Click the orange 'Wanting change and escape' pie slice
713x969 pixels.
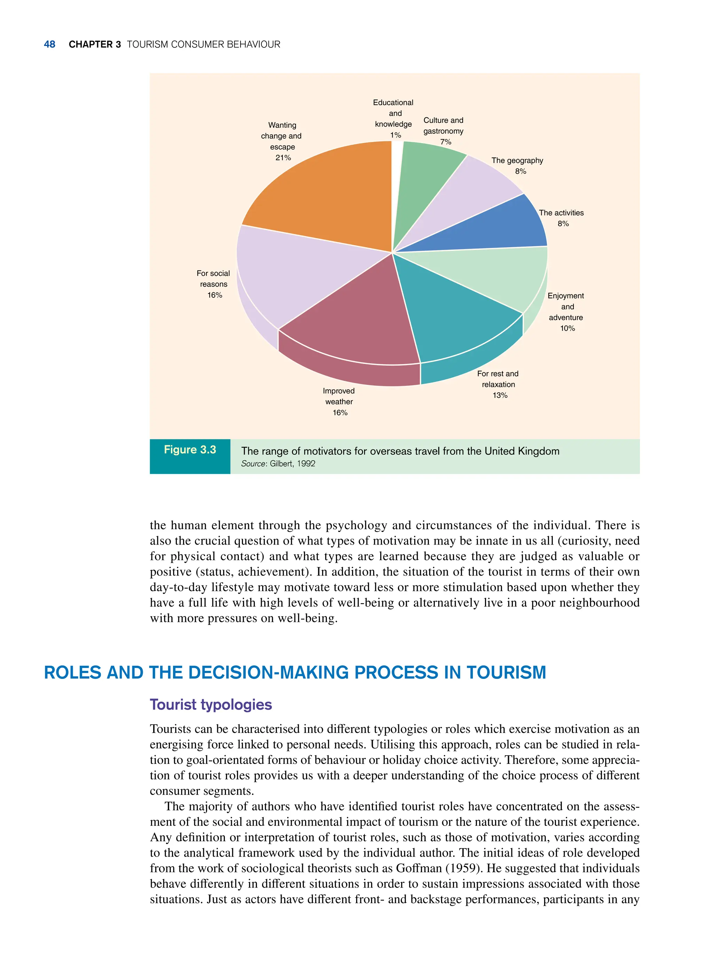tap(328, 194)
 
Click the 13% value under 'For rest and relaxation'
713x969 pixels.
tap(500, 396)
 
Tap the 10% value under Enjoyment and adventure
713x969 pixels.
tap(567, 328)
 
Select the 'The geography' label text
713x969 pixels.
tap(517, 161)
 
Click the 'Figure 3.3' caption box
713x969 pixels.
tap(190, 456)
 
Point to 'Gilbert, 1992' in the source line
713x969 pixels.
tap(293, 463)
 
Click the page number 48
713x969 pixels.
tap(50, 45)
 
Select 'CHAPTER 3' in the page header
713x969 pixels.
tap(94, 45)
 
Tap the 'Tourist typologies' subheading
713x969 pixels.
tap(211, 704)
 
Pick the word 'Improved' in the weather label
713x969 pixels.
tap(338, 391)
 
